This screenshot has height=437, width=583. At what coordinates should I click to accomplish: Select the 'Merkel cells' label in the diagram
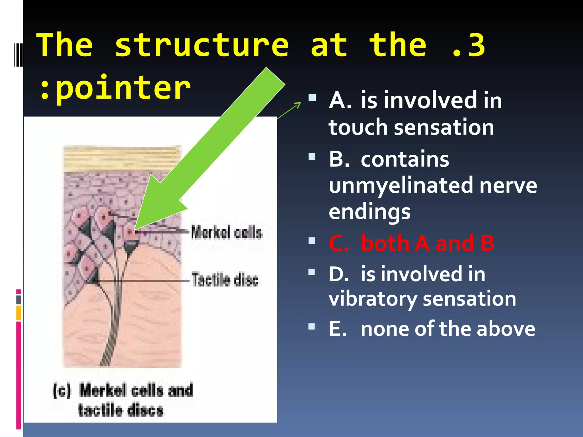click(x=227, y=232)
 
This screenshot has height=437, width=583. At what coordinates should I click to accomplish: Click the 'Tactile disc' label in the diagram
click(x=225, y=279)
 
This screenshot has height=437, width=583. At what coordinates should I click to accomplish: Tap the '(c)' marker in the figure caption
click(x=62, y=390)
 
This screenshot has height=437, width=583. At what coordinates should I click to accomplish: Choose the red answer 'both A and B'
click(x=427, y=243)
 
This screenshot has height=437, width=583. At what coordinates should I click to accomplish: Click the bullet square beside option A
click(x=312, y=98)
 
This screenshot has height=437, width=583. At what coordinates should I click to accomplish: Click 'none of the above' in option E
click(x=447, y=329)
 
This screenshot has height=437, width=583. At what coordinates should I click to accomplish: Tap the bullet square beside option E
click(x=312, y=326)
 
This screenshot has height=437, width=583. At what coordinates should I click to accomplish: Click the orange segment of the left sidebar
click(x=19, y=313)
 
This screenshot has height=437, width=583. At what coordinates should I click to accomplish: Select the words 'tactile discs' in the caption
click(x=121, y=410)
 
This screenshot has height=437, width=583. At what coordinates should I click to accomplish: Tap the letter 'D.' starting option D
click(x=339, y=274)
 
